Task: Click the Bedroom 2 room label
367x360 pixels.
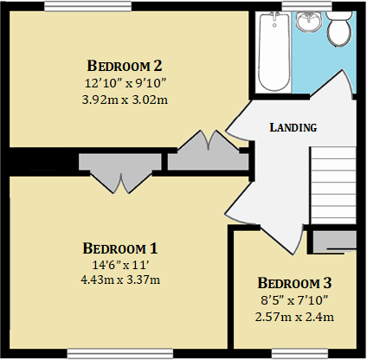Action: tap(125, 65)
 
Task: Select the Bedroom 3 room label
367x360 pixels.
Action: tap(294, 283)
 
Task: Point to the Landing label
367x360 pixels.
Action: tap(293, 127)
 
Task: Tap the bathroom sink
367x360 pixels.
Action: tap(306, 21)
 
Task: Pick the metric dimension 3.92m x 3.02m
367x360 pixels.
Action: tap(125, 99)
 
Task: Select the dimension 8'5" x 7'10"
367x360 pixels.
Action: tap(294, 300)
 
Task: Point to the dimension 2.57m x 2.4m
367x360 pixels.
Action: tap(294, 317)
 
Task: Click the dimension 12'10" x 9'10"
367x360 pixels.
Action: tap(125, 82)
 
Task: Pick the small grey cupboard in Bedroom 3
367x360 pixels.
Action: tap(333, 241)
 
